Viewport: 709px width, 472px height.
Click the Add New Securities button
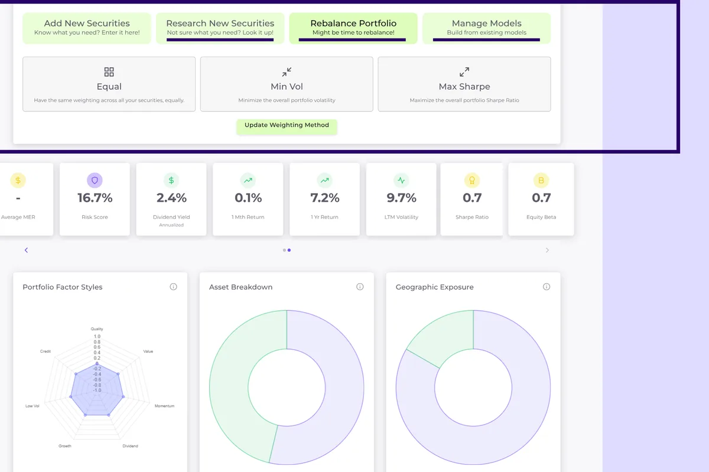pos(87,28)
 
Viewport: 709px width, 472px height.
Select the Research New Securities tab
pos(220,28)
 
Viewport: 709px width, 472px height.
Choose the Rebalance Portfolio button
pos(353,28)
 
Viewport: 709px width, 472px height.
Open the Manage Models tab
pos(486,28)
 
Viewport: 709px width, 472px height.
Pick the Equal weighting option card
pos(109,84)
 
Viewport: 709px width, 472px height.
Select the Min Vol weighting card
pos(287,84)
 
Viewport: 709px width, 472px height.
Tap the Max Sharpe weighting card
pos(464,84)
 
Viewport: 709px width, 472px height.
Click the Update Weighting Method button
pos(287,126)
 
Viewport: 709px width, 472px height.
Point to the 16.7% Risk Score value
pos(95,198)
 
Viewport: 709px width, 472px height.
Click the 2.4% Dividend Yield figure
pos(171,198)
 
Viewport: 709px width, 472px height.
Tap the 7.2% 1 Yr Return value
pos(325,198)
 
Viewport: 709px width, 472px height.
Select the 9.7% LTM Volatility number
pos(402,198)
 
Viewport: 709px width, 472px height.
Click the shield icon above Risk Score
pos(95,180)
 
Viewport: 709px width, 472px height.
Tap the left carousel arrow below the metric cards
pos(26,250)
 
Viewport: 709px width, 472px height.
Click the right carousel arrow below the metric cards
pos(547,250)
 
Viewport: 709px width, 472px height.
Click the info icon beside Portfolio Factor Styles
pos(173,287)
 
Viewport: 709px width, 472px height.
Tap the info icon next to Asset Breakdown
pos(360,287)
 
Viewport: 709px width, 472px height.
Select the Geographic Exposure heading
pos(434,287)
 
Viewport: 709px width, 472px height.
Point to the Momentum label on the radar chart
pos(164,406)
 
